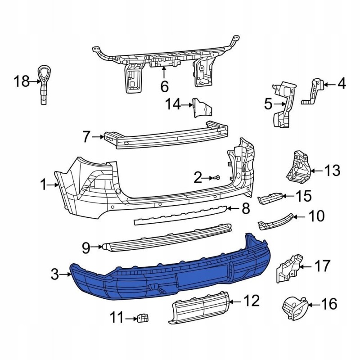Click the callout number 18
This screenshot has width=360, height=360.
[x=21, y=81]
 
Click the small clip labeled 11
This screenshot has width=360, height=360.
[x=144, y=318]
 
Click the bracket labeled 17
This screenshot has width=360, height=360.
[x=288, y=268]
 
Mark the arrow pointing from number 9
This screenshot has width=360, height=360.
[x=97, y=247]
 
